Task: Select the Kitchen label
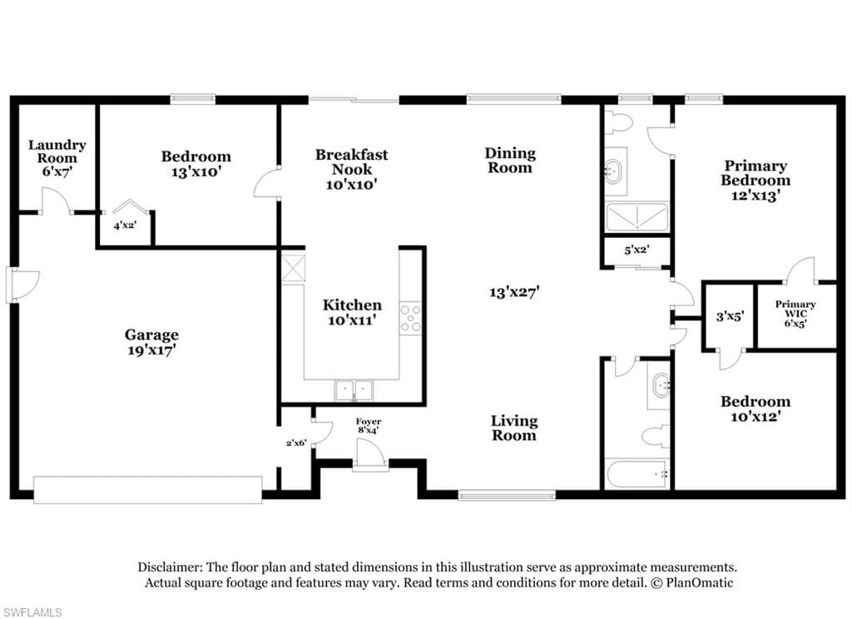tap(352, 305)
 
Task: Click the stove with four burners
tap(410, 318)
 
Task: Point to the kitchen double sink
tap(354, 390)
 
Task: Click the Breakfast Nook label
tap(352, 162)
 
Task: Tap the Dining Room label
tap(510, 161)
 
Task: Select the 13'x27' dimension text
tap(514, 292)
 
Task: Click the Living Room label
tap(514, 428)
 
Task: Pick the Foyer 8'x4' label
tap(369, 425)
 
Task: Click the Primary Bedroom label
tap(755, 173)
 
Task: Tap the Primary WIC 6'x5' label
tap(795, 314)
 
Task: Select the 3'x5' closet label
tap(729, 316)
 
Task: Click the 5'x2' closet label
tap(637, 250)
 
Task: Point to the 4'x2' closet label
tap(125, 225)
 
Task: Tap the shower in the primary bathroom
tap(637, 217)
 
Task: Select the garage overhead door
tap(148, 490)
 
